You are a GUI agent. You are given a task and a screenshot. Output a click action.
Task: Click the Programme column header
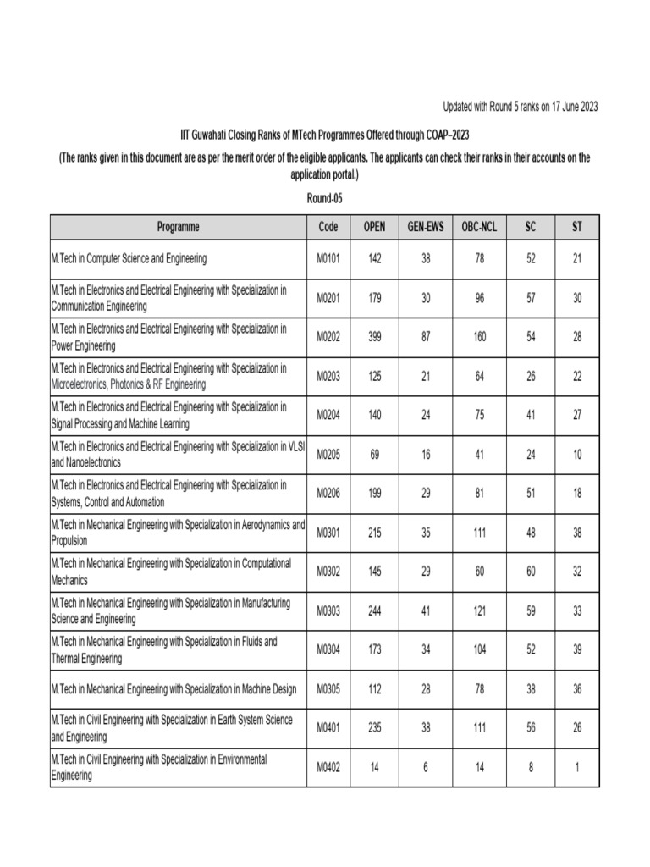tap(178, 227)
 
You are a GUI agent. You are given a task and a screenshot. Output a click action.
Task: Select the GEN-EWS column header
tap(426, 227)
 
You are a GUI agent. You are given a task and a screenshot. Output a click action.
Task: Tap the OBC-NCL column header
tap(480, 227)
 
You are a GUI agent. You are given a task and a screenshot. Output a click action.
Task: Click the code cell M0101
tap(328, 258)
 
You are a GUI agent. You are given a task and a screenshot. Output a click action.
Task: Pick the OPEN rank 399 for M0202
tap(375, 337)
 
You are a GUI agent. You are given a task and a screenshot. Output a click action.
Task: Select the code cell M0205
tap(328, 455)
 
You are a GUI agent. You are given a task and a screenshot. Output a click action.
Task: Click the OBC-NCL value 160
tap(480, 337)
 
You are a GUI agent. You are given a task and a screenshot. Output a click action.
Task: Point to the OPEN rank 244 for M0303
tap(375, 611)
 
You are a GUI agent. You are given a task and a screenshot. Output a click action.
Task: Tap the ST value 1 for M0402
tap(577, 768)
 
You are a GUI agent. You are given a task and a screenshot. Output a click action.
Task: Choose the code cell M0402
tap(328, 768)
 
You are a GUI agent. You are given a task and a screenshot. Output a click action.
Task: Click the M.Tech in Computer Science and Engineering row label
tap(129, 258)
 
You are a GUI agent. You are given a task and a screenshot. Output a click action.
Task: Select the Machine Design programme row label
tap(174, 689)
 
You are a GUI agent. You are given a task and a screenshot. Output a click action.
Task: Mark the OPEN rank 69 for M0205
tap(375, 455)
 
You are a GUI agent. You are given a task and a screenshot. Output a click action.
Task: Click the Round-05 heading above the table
tap(324, 197)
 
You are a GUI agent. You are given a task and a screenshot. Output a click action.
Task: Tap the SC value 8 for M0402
tap(531, 768)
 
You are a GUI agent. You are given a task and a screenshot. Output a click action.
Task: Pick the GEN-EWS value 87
tap(426, 337)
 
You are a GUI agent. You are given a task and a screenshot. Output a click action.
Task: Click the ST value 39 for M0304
tap(577, 650)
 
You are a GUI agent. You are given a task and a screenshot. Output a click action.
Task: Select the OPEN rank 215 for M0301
tap(375, 533)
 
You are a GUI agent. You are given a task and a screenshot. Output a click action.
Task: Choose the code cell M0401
tap(328, 728)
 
